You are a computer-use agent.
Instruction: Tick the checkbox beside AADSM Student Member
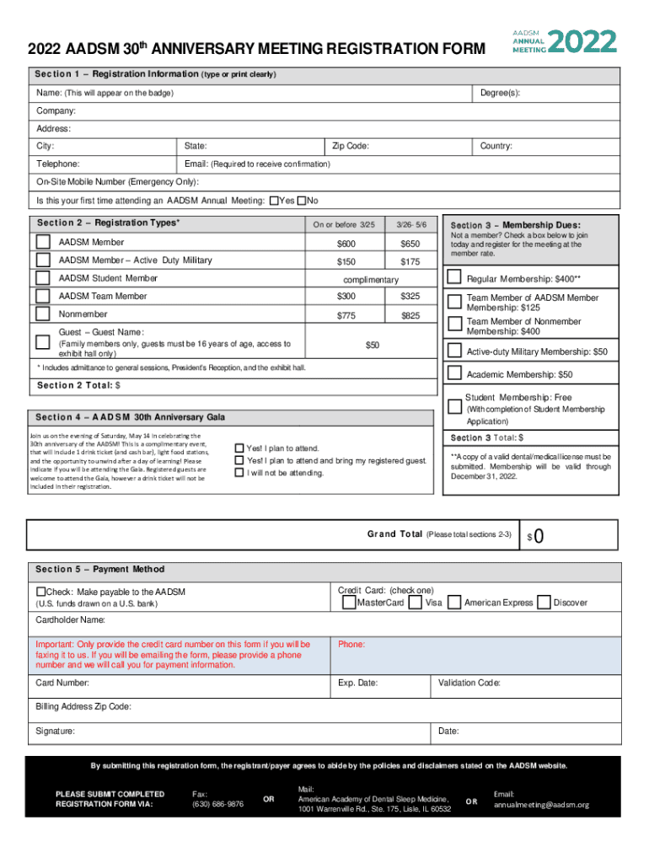pyautogui.click(x=43, y=278)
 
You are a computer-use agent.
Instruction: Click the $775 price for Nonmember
pyautogui.click(x=346, y=315)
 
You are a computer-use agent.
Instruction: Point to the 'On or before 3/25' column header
pyautogui.click(x=344, y=225)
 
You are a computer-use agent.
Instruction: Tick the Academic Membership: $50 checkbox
pyautogui.click(x=454, y=373)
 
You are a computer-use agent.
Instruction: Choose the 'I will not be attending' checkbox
pyautogui.click(x=239, y=473)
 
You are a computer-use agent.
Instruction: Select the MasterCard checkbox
pyautogui.click(x=348, y=603)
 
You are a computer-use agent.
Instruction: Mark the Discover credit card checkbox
pyautogui.click(x=544, y=603)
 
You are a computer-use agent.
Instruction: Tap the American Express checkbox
pyautogui.click(x=454, y=603)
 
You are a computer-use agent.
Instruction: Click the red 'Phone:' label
pyautogui.click(x=351, y=644)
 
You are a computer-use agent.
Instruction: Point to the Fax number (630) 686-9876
pyautogui.click(x=217, y=804)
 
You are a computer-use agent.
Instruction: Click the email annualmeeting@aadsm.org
pyautogui.click(x=541, y=804)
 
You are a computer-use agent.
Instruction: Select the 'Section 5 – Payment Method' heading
pyautogui.click(x=100, y=569)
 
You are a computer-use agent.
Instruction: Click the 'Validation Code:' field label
pyautogui.click(x=469, y=683)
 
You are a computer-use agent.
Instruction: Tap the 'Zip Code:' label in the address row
pyautogui.click(x=351, y=146)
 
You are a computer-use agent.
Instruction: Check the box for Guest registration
pyautogui.click(x=43, y=342)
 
